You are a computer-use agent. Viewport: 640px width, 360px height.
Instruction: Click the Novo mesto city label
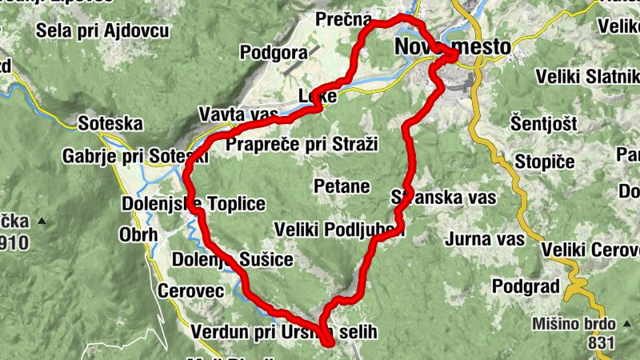click(x=452, y=48)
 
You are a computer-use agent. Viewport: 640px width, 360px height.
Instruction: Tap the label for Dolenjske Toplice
click(x=193, y=203)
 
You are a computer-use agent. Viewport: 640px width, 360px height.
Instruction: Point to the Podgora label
click(x=274, y=53)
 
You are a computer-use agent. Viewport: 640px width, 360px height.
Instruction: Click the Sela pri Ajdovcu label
click(x=102, y=31)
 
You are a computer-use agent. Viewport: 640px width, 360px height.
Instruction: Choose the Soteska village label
click(x=110, y=124)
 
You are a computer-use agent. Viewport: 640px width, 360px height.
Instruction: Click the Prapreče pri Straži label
click(x=302, y=144)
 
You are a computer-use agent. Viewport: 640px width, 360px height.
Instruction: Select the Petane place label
click(x=342, y=187)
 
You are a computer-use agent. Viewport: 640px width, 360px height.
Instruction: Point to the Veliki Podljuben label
click(x=339, y=230)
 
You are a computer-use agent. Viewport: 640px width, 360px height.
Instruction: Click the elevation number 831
click(x=599, y=343)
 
